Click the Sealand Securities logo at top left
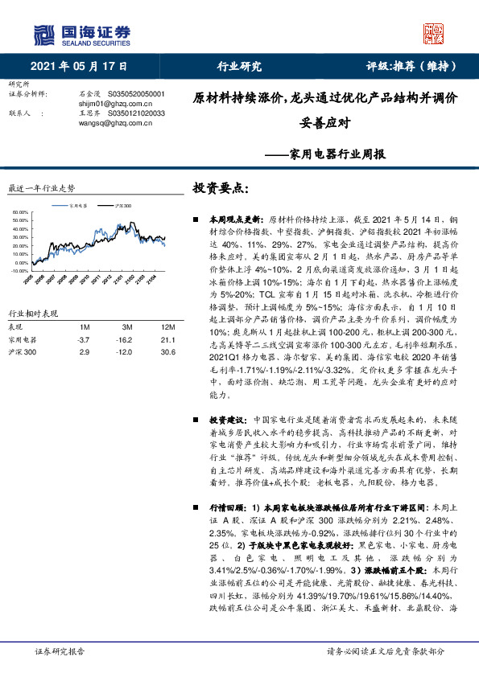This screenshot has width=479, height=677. [81, 33]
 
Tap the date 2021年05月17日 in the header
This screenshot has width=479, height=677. [80, 67]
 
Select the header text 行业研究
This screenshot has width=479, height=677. [239, 67]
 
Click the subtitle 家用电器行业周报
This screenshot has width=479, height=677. [326, 154]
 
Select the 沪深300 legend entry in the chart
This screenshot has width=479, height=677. [122, 206]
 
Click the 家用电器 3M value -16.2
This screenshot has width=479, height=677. [127, 318]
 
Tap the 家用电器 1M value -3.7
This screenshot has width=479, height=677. [83, 318]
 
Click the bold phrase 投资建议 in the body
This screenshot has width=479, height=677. [225, 420]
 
